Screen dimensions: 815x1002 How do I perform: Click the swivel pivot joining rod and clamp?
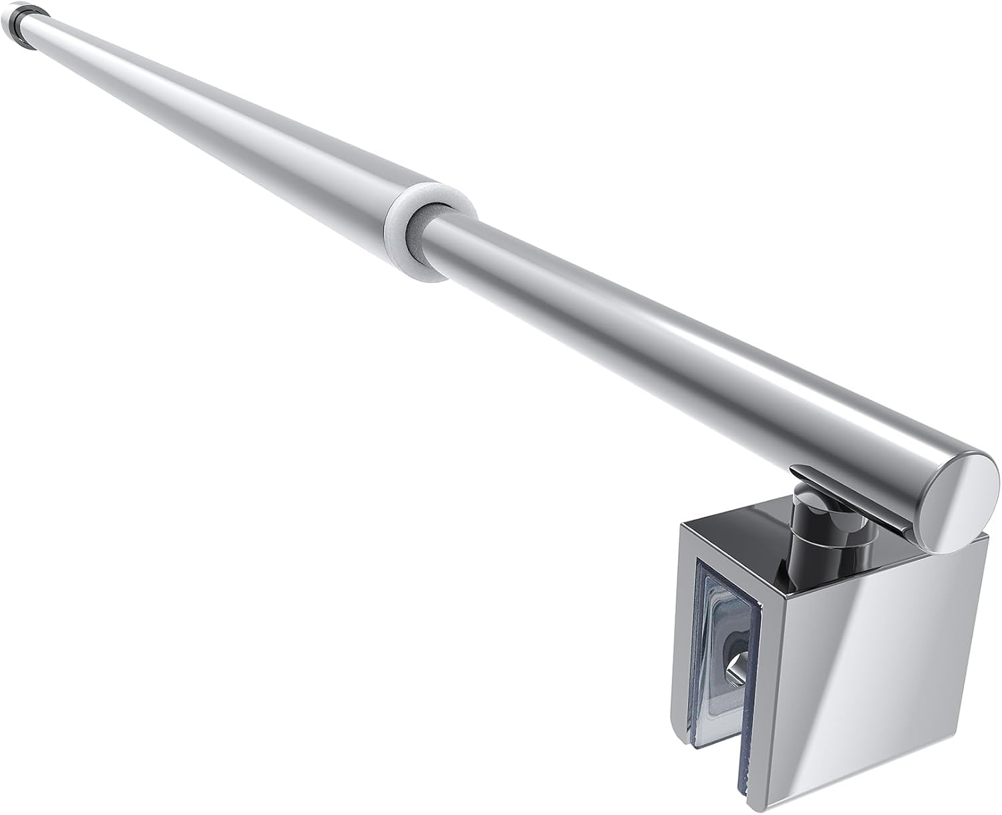[810, 507]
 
